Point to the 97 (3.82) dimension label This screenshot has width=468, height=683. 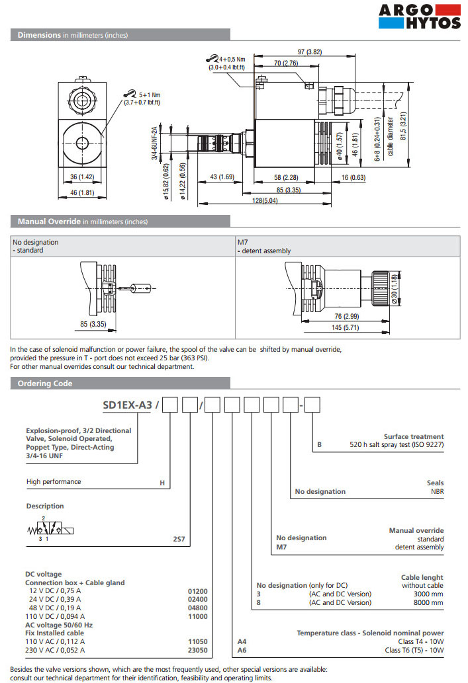coord(309,52)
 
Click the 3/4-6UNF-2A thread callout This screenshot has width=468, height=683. coord(155,142)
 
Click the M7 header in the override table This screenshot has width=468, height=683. coord(242,242)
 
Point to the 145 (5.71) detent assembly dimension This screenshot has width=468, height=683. coord(345,327)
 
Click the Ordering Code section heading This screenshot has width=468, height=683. coord(45,383)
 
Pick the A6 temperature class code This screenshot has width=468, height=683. coord(242,651)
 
